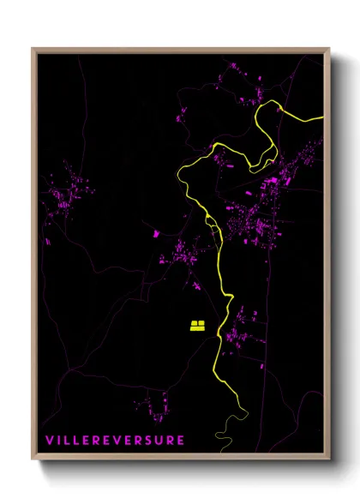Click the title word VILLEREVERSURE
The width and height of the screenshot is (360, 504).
pos(115,441)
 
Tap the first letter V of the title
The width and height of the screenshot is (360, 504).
pos(49,441)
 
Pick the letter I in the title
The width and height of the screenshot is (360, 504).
pos(59,441)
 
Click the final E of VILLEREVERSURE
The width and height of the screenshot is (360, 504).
pos(181,441)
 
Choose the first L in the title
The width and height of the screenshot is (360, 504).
pos(68,441)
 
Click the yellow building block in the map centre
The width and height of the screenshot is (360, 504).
pos(197,325)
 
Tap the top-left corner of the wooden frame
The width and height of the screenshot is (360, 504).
pos(33,49)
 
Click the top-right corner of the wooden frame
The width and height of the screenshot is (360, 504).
pos(328,49)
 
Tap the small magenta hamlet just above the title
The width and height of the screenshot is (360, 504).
pos(154,405)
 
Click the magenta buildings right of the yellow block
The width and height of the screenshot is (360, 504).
pos(240,330)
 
